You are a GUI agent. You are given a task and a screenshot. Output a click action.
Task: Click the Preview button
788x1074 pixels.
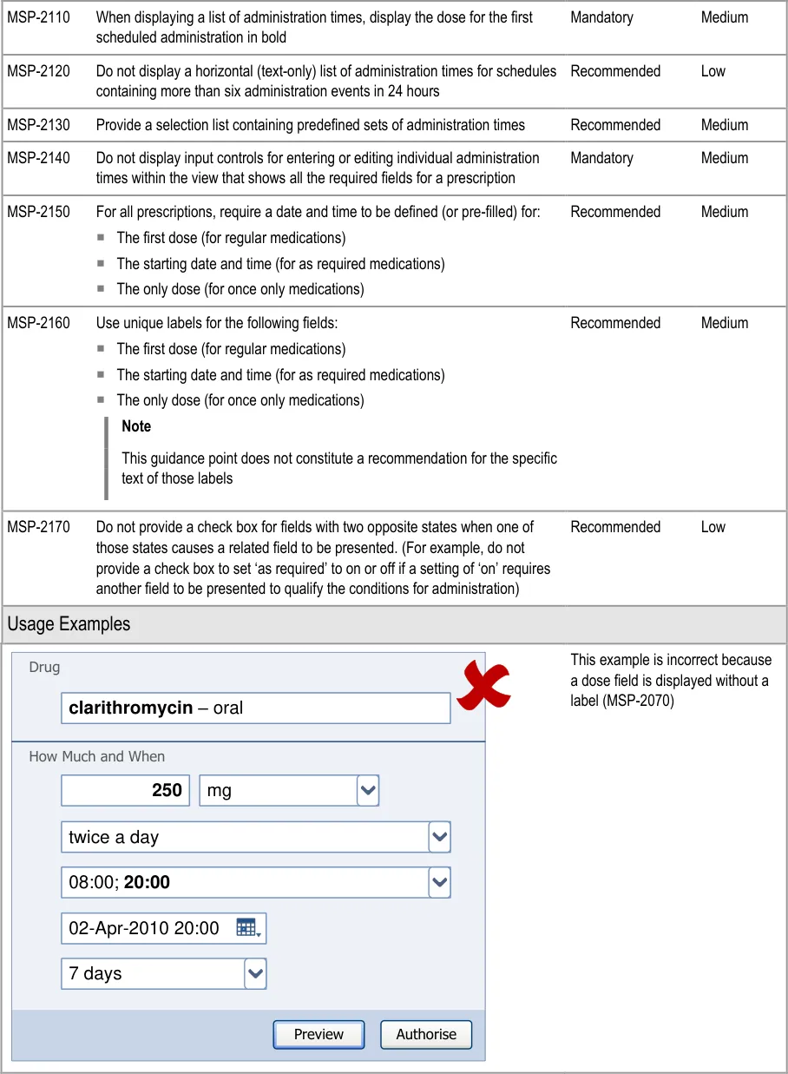pos(318,1034)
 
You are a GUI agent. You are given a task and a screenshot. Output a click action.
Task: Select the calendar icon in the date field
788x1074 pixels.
pos(247,928)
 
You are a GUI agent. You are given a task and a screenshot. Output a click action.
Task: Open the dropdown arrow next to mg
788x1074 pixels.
pos(368,791)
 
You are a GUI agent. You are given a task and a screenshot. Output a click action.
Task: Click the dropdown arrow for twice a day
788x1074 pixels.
pos(440,837)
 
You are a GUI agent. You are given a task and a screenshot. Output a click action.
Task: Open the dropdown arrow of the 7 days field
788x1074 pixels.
pos(255,973)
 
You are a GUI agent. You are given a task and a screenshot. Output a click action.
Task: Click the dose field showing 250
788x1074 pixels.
pos(126,791)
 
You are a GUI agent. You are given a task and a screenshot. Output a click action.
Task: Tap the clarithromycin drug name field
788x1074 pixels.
pos(255,708)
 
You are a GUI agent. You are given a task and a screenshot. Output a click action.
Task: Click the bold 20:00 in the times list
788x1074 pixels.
pos(147,883)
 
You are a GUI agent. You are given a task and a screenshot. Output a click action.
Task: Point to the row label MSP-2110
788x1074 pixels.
pos(39,17)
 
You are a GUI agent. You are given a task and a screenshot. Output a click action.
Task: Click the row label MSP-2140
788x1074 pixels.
pos(39,158)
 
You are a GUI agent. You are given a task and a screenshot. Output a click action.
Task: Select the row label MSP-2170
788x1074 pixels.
pos(39,527)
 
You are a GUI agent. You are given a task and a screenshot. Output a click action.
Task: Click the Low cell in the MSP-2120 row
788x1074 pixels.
pos(713,71)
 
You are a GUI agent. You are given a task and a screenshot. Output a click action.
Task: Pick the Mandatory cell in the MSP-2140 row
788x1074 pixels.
pos(601,158)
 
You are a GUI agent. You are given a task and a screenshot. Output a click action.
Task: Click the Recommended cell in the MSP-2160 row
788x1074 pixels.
pos(615,323)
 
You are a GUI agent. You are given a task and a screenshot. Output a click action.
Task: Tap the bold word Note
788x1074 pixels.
pos(136,426)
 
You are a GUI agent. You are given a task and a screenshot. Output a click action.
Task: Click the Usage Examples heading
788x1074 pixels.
pos(69,624)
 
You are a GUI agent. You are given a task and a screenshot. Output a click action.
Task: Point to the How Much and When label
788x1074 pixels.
pos(96,756)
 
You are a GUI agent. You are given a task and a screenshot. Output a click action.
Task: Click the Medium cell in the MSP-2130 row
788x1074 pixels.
pos(725,125)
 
